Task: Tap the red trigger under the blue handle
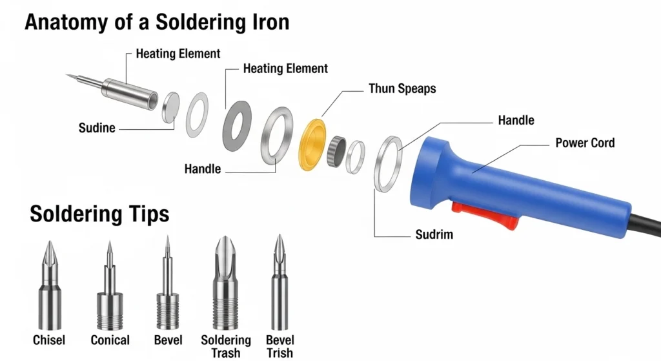pyautogui.click(x=485, y=214)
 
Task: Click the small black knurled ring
pyautogui.click(x=336, y=151)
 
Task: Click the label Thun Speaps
pyautogui.click(x=402, y=88)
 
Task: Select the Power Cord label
pyautogui.click(x=585, y=143)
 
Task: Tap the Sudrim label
pyautogui.click(x=434, y=234)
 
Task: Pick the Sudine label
pyautogui.click(x=97, y=128)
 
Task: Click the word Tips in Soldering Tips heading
pyautogui.click(x=147, y=213)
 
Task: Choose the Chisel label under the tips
pyautogui.click(x=49, y=340)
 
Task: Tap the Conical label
pyautogui.click(x=110, y=340)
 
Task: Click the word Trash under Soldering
pyautogui.click(x=225, y=353)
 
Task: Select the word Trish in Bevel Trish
pyautogui.click(x=280, y=353)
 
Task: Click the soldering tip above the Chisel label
pyautogui.click(x=50, y=286)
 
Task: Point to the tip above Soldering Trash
pyautogui.click(x=225, y=284)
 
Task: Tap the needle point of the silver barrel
pyautogui.click(x=66, y=75)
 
